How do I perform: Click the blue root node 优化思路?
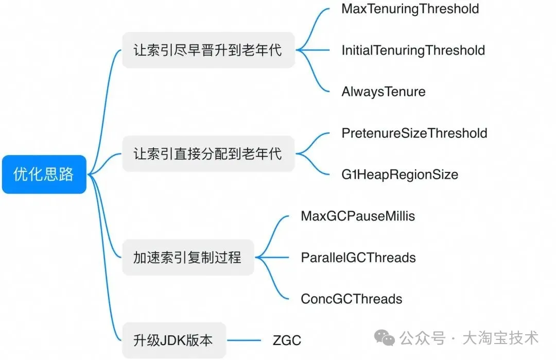tap(44, 174)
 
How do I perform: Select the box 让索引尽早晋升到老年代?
tap(208, 50)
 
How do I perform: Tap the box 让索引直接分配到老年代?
tap(208, 153)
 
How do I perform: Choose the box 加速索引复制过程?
tap(188, 257)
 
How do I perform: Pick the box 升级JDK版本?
tap(174, 340)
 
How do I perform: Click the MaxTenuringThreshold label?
tap(410, 9)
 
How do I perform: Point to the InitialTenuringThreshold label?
tap(413, 50)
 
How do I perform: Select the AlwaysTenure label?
tap(384, 92)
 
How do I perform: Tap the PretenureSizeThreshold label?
tap(414, 133)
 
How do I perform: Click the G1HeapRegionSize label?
tap(399, 175)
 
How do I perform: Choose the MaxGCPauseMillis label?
tap(358, 216)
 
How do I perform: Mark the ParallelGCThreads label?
tap(358, 258)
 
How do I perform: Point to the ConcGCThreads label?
tap(352, 299)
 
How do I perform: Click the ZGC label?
tap(287, 340)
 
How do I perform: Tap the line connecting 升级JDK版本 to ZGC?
tap(244, 340)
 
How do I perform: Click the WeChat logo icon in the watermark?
tap(385, 337)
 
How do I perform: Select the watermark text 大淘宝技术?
tap(500, 338)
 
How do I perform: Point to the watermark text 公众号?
tap(422, 338)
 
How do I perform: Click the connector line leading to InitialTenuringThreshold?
tap(313, 50)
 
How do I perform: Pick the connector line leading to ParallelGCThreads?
tap(272, 257)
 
